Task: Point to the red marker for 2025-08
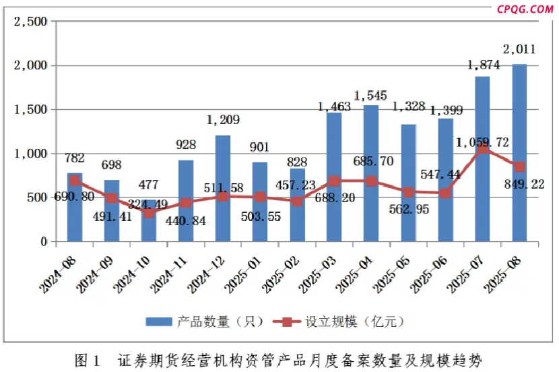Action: point(519,166)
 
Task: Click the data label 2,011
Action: point(519,49)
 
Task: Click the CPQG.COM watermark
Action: point(525,9)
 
